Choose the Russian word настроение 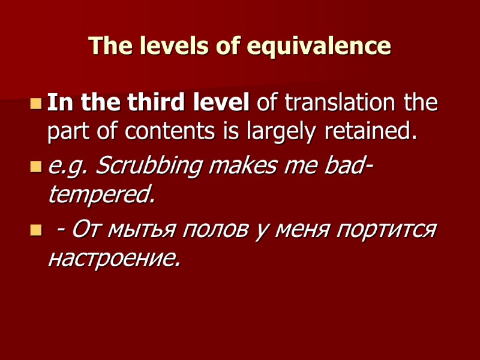click(x=113, y=259)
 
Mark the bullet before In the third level click(x=36, y=104)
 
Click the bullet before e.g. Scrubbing click(x=36, y=167)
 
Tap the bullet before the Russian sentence click(x=36, y=230)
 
